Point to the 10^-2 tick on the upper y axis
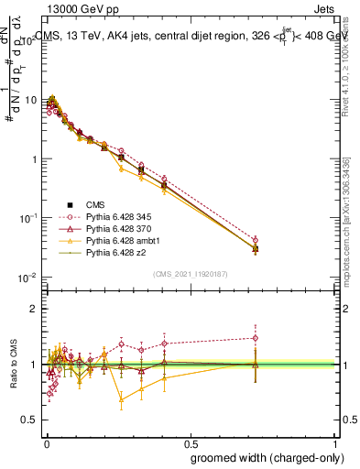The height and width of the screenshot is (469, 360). coord(27,278)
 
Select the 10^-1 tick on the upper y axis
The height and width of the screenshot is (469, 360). coord(27,218)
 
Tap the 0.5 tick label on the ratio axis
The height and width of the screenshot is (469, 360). coord(31,420)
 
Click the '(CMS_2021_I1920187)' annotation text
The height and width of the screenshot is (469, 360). coord(191,274)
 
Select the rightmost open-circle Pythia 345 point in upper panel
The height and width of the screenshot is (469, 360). coord(256,240)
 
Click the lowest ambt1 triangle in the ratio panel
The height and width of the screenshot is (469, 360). coord(121,399)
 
